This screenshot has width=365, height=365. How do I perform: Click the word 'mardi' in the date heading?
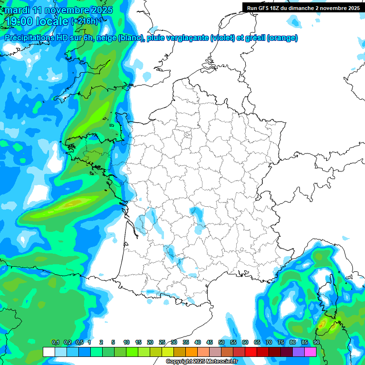point(18,10)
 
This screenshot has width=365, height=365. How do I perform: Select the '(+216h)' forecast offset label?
point(85,21)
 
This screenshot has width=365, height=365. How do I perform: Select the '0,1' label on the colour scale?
point(55,343)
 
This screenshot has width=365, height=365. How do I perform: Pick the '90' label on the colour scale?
point(316,343)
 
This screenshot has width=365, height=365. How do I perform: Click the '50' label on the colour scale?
point(221,343)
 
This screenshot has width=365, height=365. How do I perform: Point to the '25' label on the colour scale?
point(162,343)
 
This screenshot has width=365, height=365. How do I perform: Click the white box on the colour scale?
point(48,352)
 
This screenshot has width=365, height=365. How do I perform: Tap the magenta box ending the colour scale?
point(310,352)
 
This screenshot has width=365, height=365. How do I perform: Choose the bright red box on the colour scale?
point(251,352)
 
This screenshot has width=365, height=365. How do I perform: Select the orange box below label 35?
point(192,352)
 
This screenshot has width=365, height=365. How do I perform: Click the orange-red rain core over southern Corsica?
point(323,325)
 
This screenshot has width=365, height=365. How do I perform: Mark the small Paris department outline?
point(187,135)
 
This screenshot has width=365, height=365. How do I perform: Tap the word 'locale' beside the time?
point(52,21)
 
